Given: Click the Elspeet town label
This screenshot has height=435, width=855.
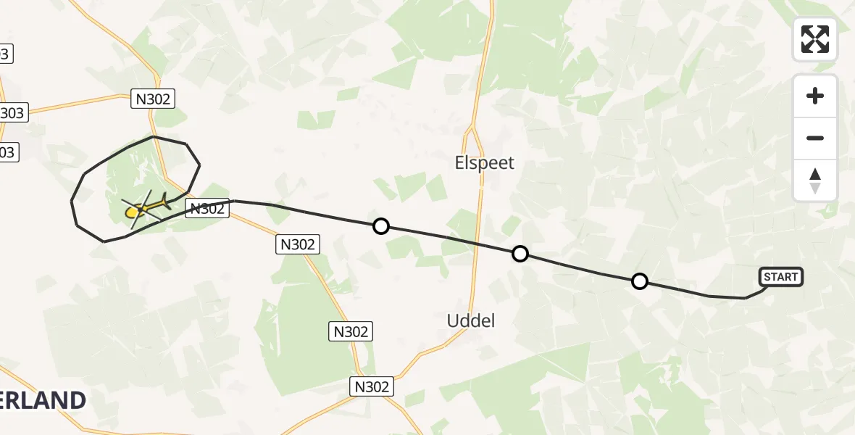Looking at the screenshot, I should (485, 163).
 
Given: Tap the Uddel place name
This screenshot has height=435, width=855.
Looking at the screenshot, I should (471, 320).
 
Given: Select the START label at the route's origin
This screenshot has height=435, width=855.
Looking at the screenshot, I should (780, 276).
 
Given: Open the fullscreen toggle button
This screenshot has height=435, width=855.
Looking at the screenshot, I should (815, 39).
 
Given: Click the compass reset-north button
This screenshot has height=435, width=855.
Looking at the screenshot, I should (815, 181).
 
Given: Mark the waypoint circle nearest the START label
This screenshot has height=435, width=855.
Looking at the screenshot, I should (639, 281).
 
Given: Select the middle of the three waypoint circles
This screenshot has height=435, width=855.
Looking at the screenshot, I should (520, 254).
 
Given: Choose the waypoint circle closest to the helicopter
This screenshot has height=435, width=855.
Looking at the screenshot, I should (380, 226).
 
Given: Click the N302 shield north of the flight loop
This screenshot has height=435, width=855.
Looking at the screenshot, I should (153, 99).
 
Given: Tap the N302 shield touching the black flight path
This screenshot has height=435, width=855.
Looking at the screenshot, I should (207, 209).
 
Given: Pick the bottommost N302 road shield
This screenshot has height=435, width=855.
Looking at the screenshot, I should (372, 386).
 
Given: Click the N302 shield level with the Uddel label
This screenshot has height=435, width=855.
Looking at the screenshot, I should (351, 331).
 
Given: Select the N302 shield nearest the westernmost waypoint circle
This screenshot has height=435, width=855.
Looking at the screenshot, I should (298, 244).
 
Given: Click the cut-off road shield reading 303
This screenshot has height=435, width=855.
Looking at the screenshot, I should (12, 112).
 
